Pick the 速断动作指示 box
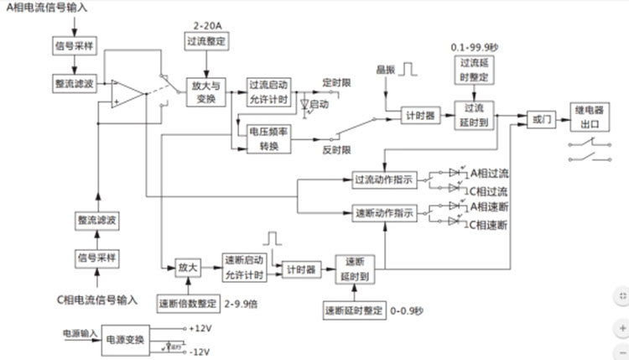384,213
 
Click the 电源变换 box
127,338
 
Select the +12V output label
201,327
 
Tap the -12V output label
201,351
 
